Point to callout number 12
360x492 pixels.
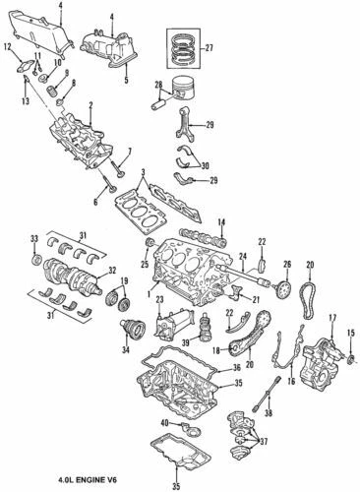[8, 46]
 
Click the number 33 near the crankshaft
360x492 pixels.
[33, 239]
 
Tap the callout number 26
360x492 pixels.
[288, 264]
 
